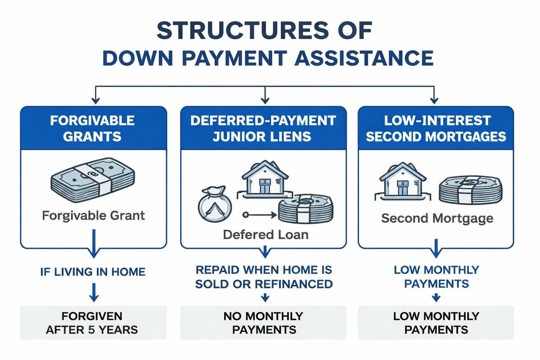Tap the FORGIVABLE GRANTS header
93,128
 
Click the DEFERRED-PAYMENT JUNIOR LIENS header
264,128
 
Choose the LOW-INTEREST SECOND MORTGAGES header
435,128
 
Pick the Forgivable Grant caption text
93,215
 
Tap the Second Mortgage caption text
436,219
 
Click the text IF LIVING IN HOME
93,271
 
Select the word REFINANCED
300,284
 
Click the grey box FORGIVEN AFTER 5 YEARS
93,322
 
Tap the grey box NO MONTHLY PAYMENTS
263,322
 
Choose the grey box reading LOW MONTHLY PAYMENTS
436,322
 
